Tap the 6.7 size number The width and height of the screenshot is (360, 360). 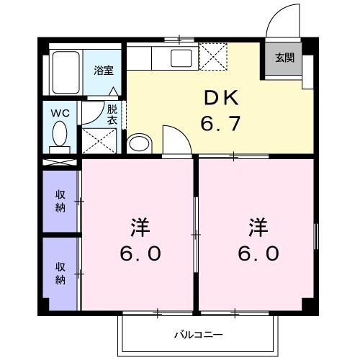click(x=219, y=123)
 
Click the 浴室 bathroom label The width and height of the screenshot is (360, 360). click(x=103, y=71)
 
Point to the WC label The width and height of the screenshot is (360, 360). click(x=59, y=113)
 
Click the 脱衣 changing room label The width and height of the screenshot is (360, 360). click(x=112, y=115)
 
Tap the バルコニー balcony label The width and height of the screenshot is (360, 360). click(x=198, y=334)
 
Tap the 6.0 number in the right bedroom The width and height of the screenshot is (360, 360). click(x=257, y=254)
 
